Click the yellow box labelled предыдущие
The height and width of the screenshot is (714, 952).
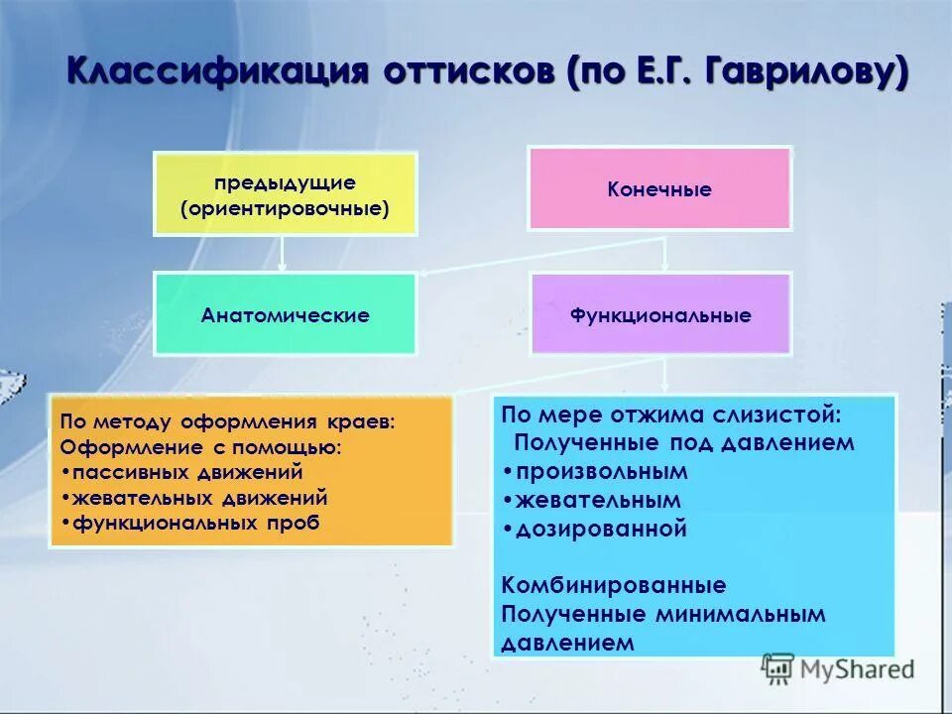[285, 194]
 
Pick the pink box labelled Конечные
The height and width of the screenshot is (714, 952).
[659, 189]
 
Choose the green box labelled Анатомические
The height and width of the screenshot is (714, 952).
[285, 315]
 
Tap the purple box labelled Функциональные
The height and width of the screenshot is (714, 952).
[660, 315]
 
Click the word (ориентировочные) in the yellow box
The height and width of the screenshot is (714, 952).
[285, 209]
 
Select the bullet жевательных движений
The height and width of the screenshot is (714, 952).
[197, 498]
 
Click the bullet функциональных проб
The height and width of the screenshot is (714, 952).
[193, 523]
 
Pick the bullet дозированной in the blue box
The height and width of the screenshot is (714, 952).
[595, 529]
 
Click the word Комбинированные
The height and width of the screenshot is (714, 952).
[614, 585]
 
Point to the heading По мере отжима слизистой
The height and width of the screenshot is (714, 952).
[671, 414]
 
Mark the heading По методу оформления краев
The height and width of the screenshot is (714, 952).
[227, 421]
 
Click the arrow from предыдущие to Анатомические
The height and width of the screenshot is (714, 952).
[283, 254]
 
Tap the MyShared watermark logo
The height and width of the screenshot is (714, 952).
[838, 668]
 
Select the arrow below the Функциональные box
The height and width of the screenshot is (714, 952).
[664, 373]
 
